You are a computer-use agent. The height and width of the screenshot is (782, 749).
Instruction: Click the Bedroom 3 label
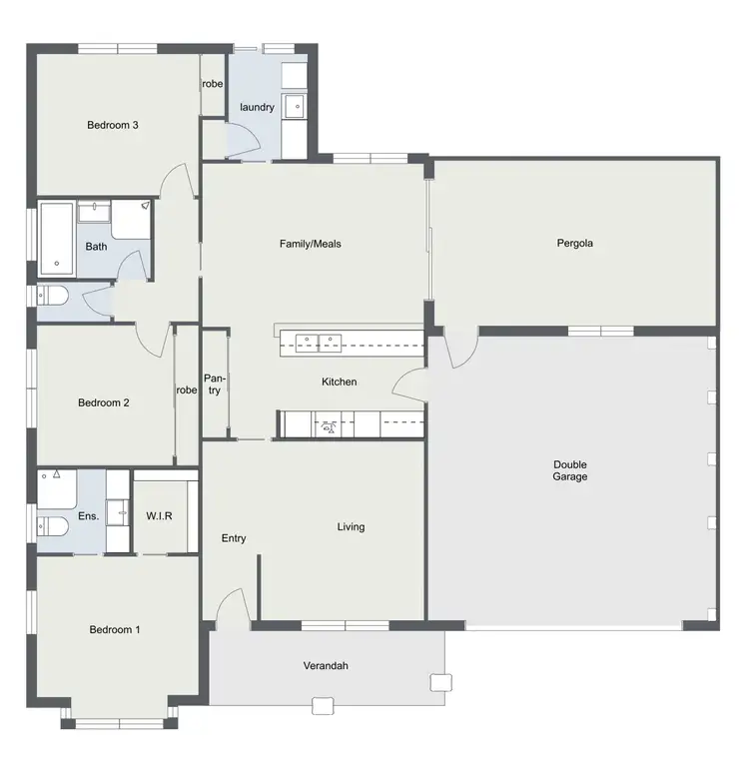coord(112,125)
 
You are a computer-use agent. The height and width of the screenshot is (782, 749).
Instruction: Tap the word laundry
coord(257,107)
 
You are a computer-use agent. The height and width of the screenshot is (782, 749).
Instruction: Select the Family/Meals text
coord(310,243)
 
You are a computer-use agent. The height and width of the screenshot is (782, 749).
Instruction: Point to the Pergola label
coord(575,242)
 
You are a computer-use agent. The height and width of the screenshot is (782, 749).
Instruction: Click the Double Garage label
coord(570,470)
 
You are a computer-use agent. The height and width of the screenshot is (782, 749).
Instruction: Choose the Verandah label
coord(326,666)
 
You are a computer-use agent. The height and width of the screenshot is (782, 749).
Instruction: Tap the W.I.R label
coord(166,516)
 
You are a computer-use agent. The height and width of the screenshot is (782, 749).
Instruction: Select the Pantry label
coord(214,385)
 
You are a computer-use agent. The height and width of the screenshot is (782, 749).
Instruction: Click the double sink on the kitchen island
coord(317,342)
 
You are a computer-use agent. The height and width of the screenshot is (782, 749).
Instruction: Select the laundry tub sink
coord(296,105)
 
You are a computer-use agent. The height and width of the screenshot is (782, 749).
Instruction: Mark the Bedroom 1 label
coord(115,630)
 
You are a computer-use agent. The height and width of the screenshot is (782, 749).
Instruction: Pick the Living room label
coord(351,526)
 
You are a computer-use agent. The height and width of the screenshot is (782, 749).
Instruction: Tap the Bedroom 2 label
coord(104,403)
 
